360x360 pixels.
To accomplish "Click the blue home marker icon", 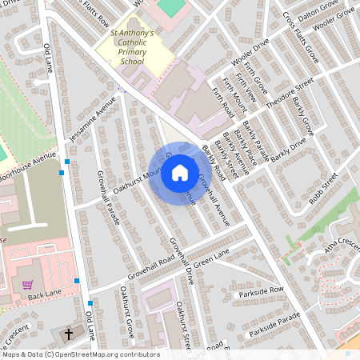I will pos(180,173).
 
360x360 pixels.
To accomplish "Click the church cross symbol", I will pos(68,334).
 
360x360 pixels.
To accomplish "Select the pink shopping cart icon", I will pos(27,285).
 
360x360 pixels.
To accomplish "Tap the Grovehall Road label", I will pos(145,267).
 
